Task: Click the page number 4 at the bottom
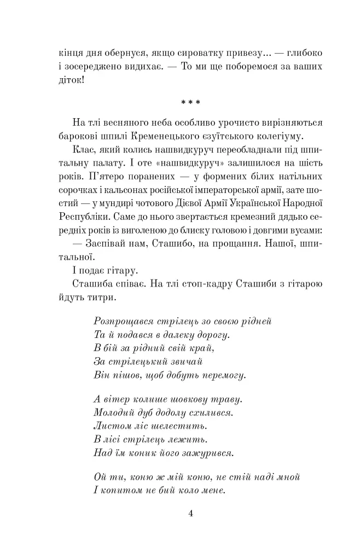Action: click(x=190, y=513)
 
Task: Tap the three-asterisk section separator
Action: click(x=190, y=102)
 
